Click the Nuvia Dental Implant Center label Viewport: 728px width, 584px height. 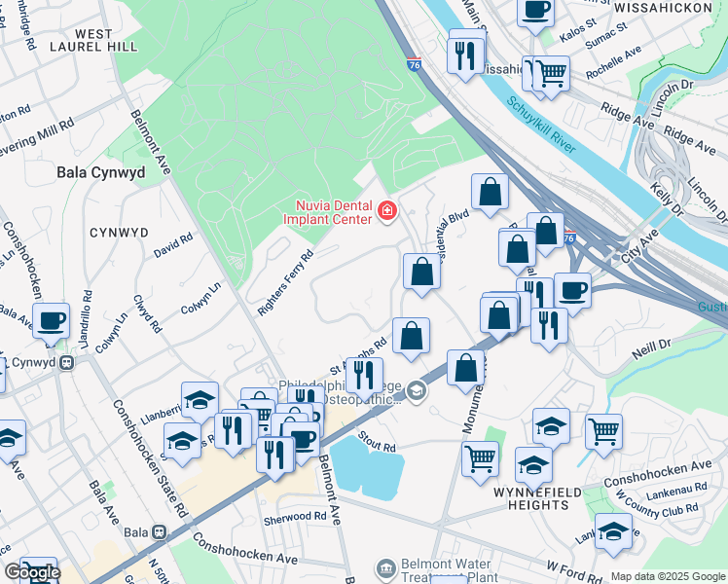327,212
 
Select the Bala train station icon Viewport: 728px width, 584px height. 159,533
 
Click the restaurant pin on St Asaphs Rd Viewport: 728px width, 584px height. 364,374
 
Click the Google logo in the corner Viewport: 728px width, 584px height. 31,571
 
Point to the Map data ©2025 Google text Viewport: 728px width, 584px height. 667,575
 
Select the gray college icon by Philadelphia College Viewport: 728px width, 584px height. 417,391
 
